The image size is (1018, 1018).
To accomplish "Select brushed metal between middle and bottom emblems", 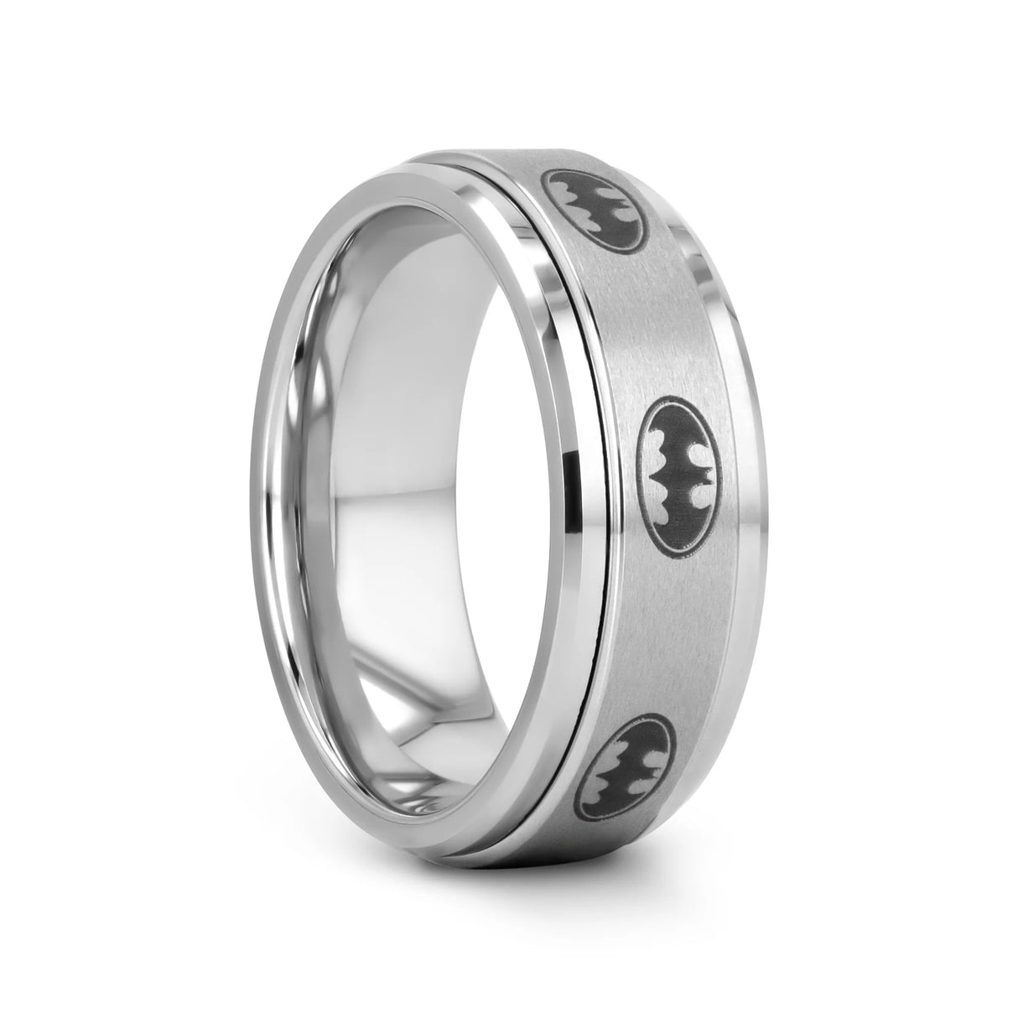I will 662,621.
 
